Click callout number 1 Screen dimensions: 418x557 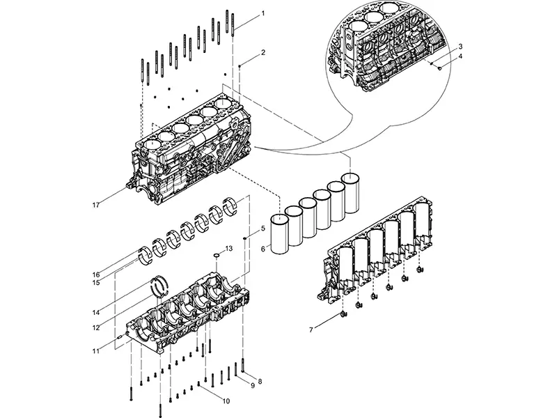pyautogui.click(x=263, y=14)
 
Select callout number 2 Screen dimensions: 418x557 pyautogui.click(x=263, y=53)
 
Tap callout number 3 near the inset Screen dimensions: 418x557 pyautogui.click(x=460, y=46)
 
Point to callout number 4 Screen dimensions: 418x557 pyautogui.click(x=460, y=57)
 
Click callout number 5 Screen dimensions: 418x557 pyautogui.click(x=263, y=228)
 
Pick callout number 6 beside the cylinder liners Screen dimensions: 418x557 pyautogui.click(x=263, y=249)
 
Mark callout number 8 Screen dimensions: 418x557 pyautogui.click(x=260, y=381)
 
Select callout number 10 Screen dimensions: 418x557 pyautogui.click(x=226, y=401)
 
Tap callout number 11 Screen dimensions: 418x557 pyautogui.click(x=95, y=352)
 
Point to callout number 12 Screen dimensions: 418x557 pyautogui.click(x=95, y=327)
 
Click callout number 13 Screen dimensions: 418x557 pyautogui.click(x=227, y=249)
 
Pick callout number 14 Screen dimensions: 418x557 pyautogui.click(x=95, y=313)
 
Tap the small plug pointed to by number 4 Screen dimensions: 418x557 pyautogui.click(x=439, y=68)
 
